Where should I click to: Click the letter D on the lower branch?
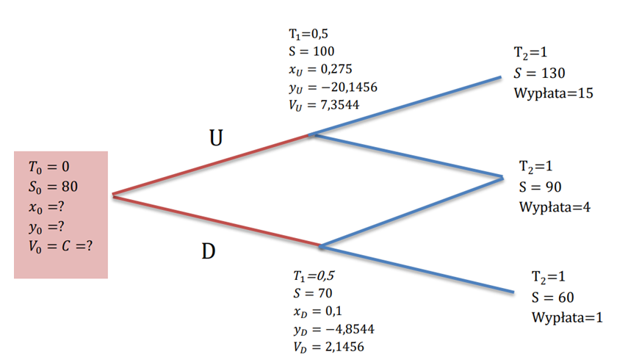pyautogui.click(x=208, y=251)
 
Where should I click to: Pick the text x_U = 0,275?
pyautogui.click(x=322, y=70)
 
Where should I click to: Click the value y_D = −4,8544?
pyautogui.click(x=333, y=329)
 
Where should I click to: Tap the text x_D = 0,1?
pyautogui.click(x=317, y=312)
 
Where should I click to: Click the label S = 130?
pyautogui.click(x=540, y=73)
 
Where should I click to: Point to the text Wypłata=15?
pyautogui.click(x=553, y=93)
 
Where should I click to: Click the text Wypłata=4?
pyautogui.click(x=555, y=206)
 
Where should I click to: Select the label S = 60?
pyautogui.click(x=552, y=298)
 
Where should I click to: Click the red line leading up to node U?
pyautogui.click(x=213, y=165)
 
